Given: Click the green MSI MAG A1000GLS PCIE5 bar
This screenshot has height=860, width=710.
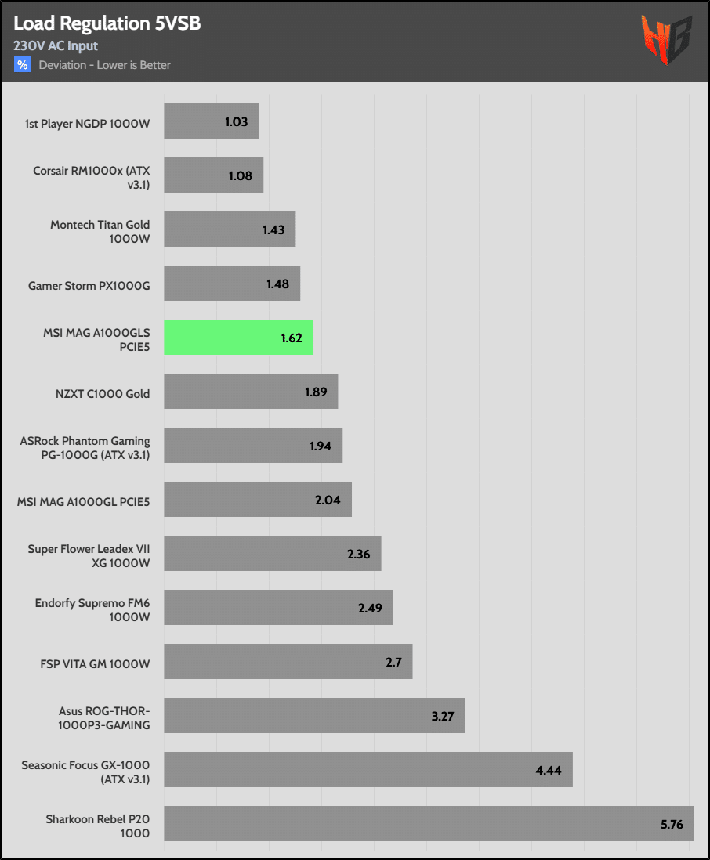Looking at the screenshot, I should point(238,338).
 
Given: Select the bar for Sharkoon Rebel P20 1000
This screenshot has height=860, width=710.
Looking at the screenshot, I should point(429,823).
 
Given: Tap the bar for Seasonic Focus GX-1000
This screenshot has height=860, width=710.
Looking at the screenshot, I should point(368,769).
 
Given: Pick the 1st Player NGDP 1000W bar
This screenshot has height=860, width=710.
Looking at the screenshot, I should point(211,121).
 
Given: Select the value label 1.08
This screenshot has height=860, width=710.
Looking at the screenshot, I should point(240,175).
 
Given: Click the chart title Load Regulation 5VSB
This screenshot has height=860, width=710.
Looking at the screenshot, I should point(107,24).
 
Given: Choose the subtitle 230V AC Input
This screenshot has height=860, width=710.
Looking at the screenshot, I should point(56,46).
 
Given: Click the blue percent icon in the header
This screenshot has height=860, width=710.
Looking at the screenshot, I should point(22,65).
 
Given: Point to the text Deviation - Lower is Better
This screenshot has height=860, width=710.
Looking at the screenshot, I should point(105,65).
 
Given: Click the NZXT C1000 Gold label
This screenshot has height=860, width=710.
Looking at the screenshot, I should point(103,393).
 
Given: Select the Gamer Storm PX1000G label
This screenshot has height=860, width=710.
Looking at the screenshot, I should point(89,285).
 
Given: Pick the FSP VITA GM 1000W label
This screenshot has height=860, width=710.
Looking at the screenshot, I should point(95,663).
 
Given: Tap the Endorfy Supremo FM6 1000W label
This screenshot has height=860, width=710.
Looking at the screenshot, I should point(92,609).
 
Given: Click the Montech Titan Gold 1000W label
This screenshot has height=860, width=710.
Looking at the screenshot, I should point(100,231).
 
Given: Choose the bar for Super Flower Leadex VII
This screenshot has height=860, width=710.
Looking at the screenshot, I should point(272,554).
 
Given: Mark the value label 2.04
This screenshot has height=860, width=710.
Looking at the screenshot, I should point(328,500).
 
